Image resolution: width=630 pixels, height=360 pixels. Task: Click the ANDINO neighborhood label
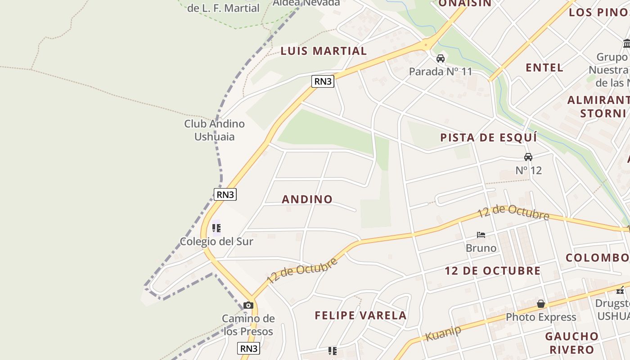307,199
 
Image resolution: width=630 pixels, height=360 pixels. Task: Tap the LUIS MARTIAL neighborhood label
324,51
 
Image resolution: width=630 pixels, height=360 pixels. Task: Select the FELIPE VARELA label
360,315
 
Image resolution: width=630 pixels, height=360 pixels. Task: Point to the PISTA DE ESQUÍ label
488,138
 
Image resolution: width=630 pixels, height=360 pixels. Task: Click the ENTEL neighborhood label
544,67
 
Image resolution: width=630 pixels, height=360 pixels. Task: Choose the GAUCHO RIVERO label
571,342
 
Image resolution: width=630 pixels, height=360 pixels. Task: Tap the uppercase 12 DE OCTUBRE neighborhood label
493,270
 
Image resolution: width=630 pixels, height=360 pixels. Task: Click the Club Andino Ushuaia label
214,130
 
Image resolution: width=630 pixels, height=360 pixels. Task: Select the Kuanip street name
443,333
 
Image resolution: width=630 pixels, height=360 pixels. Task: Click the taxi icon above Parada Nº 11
441,58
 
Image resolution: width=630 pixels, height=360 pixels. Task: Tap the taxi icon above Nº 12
528,157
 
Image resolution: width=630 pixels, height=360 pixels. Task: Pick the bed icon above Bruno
481,234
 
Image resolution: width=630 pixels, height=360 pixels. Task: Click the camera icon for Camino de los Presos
248,306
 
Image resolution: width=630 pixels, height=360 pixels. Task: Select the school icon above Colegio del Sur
216,228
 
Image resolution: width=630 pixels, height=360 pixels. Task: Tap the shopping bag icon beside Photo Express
541,304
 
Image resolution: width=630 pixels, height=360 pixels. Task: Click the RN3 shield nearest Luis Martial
323,81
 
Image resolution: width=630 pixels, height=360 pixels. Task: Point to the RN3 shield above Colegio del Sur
225,194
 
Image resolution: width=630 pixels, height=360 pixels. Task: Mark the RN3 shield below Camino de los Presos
249,348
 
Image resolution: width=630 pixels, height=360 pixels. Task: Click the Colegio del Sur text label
216,241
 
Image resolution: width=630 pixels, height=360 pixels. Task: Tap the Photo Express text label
541,317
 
